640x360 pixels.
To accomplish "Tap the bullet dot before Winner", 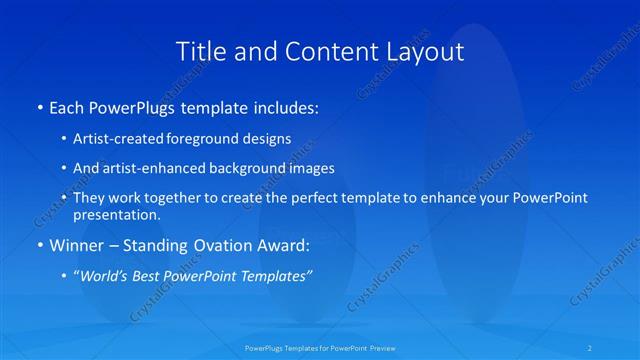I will (39, 245).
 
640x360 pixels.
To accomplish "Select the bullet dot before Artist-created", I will (64, 138).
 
